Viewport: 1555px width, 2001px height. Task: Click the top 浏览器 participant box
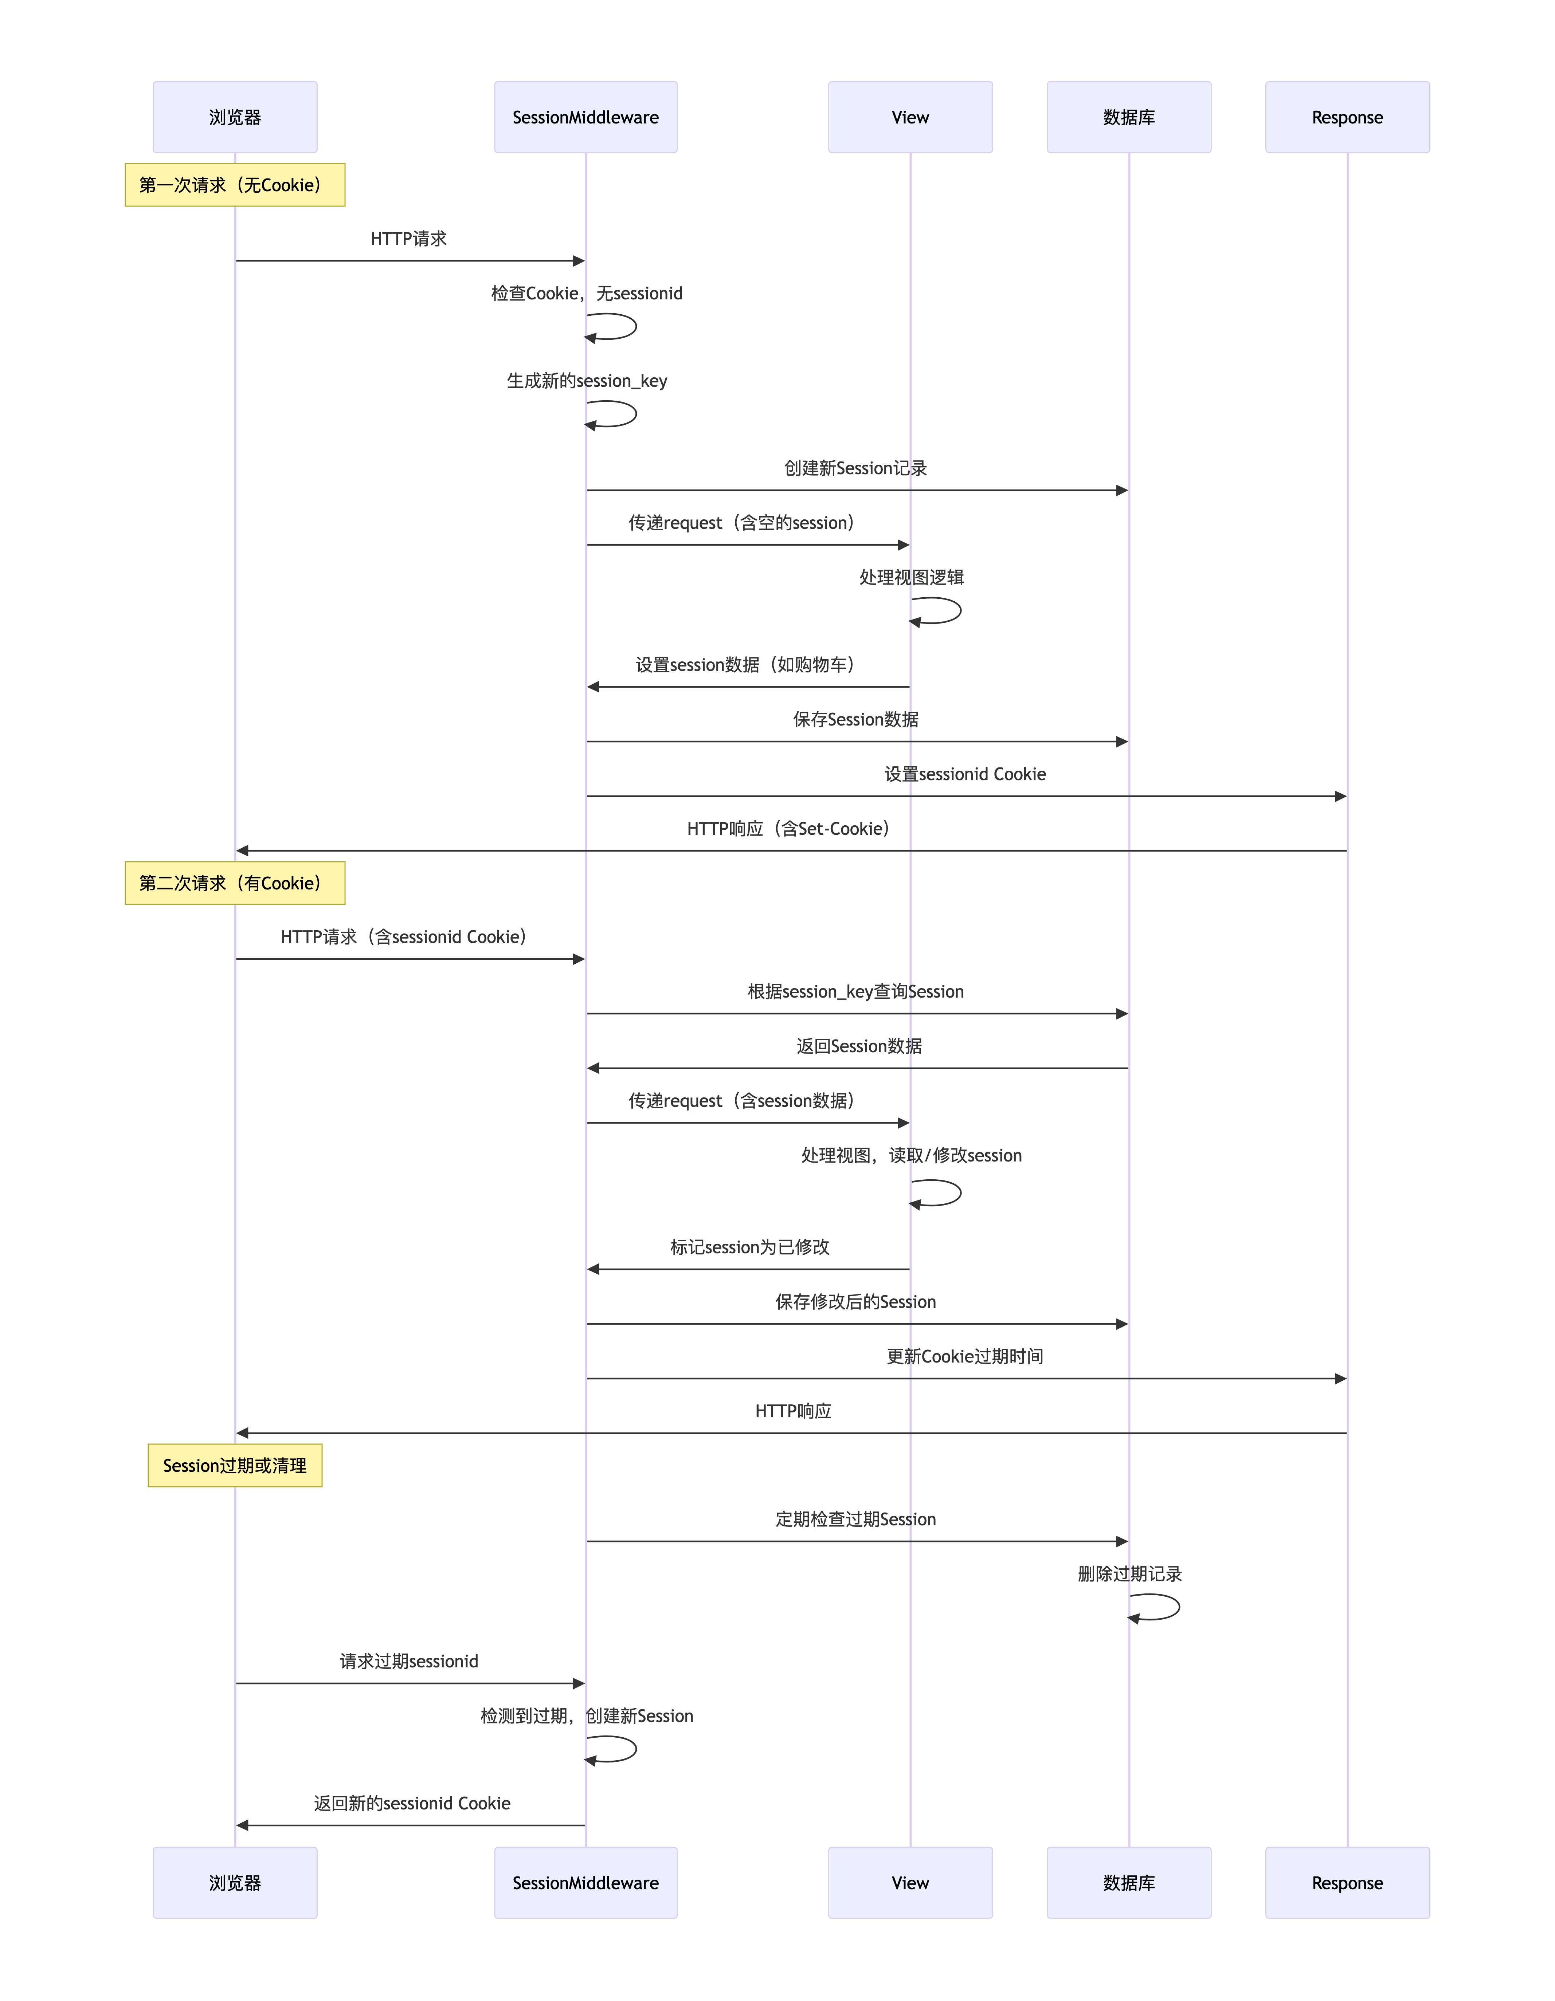click(x=235, y=117)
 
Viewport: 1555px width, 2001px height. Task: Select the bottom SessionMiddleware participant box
click(x=585, y=1883)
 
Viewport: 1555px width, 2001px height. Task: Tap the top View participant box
click(x=910, y=117)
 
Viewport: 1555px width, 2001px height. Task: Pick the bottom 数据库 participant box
click(x=1129, y=1883)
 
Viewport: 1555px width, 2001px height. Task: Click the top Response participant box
click(x=1347, y=117)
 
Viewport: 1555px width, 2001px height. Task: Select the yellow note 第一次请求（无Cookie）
click(x=235, y=185)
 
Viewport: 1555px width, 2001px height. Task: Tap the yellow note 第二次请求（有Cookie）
click(x=235, y=883)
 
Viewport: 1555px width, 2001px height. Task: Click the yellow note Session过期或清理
click(x=235, y=1465)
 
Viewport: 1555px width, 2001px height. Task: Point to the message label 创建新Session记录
click(x=856, y=468)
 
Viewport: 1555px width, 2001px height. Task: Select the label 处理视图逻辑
click(x=912, y=577)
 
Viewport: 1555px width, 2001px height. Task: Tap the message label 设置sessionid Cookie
click(x=965, y=774)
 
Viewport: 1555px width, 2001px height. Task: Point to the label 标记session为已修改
click(x=749, y=1247)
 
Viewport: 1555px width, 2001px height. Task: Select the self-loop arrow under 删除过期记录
click(x=1178, y=1607)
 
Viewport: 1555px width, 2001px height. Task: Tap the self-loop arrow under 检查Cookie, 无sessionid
click(x=635, y=326)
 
